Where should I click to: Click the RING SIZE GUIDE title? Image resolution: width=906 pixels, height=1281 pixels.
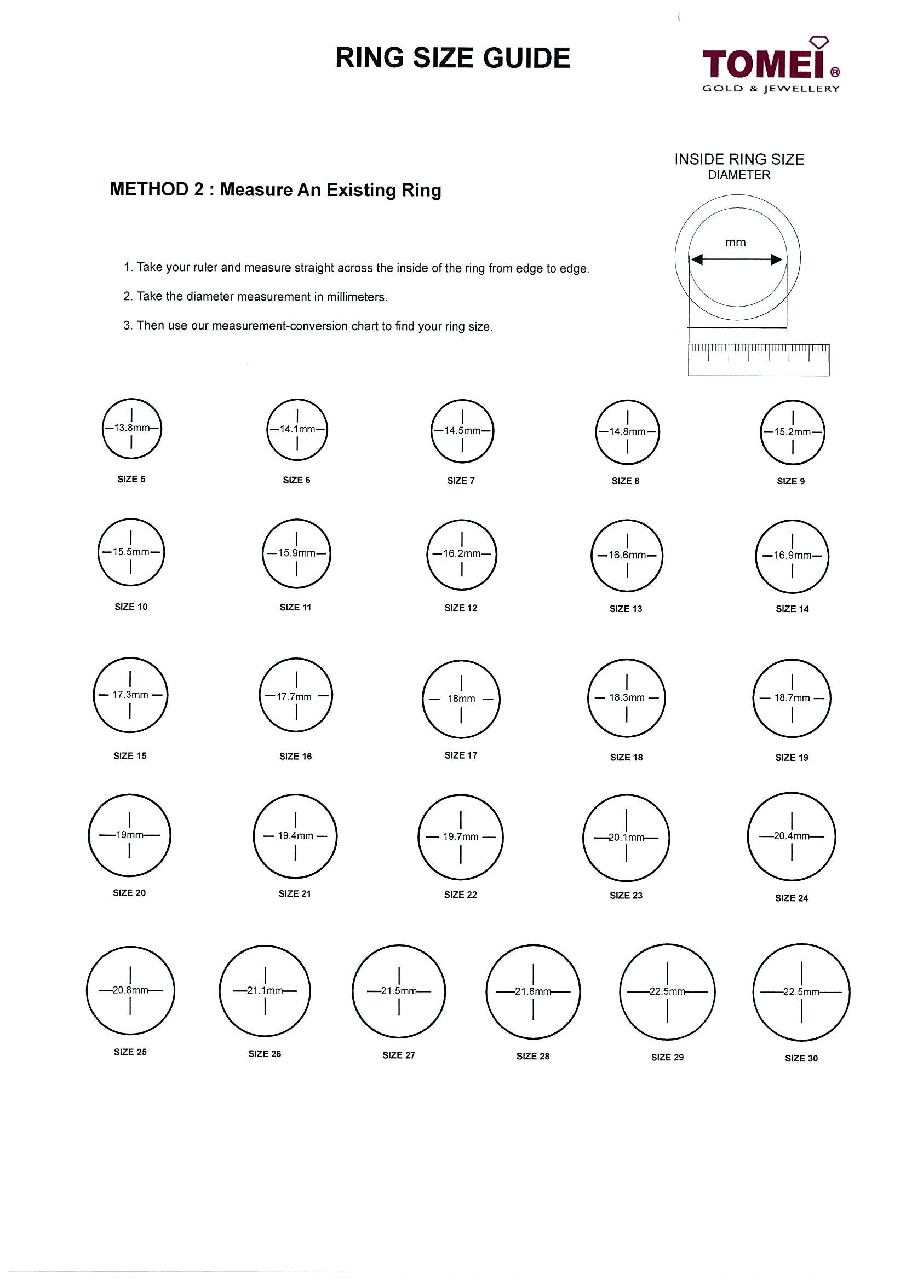(452, 59)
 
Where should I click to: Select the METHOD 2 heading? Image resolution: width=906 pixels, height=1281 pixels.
(275, 190)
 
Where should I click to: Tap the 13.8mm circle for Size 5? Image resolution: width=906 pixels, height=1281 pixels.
(132, 429)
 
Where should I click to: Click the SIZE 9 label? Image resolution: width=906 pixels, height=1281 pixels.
(790, 482)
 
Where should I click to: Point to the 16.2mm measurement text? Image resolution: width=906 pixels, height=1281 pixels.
(462, 554)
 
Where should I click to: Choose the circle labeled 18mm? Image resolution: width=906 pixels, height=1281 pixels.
(461, 699)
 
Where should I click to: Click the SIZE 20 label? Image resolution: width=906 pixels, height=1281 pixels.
(129, 893)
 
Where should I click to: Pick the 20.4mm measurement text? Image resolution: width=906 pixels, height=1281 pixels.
(791, 836)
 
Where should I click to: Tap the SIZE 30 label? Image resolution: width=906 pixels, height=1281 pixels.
(801, 1058)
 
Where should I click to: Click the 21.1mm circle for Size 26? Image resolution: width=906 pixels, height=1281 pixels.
(265, 991)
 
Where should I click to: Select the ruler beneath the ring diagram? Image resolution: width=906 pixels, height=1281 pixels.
(759, 359)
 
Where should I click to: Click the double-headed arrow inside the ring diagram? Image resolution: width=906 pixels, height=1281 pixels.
(736, 259)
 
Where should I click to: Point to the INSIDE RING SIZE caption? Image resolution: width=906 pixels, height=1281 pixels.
(739, 159)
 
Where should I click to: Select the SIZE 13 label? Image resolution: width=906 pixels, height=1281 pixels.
(626, 609)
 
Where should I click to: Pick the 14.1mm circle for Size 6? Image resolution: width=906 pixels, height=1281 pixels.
(297, 430)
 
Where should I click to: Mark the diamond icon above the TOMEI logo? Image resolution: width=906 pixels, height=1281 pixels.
(819, 42)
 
